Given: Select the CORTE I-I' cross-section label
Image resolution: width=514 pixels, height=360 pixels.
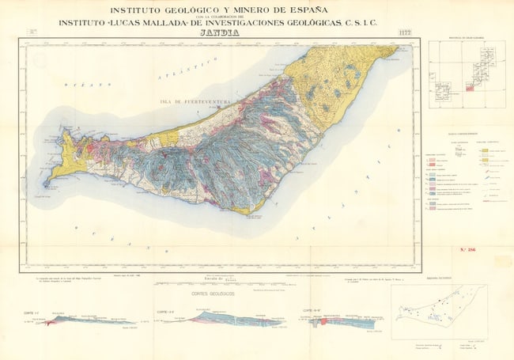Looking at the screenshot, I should click(x=32, y=312).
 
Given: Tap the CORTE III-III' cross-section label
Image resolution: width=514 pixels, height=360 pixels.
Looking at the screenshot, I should click(x=312, y=309).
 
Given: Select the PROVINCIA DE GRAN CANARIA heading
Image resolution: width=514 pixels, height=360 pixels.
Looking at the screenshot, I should click(x=465, y=39).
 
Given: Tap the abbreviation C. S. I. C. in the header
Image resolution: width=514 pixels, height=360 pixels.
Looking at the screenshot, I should click(x=361, y=23).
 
